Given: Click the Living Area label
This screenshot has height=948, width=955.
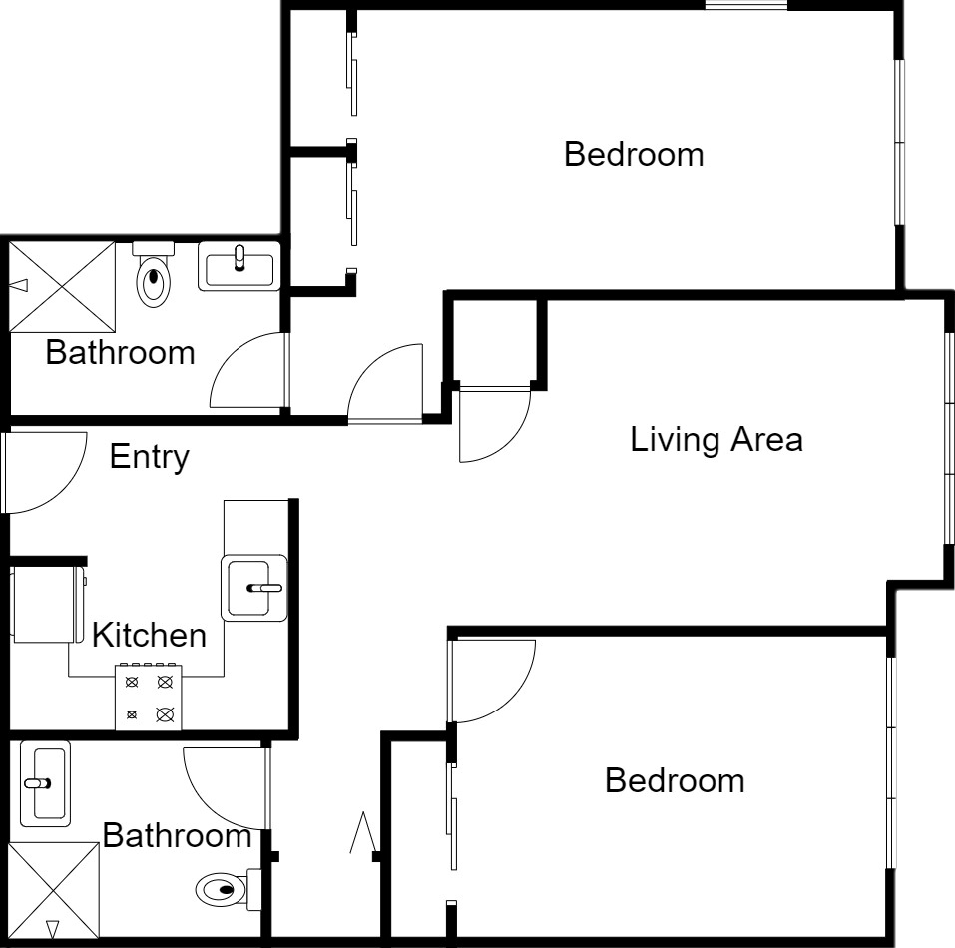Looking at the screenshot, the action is pos(716,440).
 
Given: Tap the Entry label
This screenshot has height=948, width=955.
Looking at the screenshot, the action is pos(150,457).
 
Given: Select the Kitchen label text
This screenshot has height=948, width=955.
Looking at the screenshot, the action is pos(150,635).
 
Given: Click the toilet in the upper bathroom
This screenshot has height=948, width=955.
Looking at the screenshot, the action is pos(153,274).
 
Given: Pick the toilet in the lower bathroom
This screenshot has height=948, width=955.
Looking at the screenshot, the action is pos(229,889).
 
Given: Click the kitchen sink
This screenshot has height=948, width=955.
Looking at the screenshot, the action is pos(254,588).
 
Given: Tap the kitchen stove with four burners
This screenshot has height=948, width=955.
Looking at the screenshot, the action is pos(149,698).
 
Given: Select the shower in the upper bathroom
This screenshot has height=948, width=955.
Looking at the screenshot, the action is pos(62,286).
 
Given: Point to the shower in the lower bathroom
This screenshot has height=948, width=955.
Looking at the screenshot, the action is pos(54,890).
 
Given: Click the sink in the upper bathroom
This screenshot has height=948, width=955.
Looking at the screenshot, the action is pos(239,266).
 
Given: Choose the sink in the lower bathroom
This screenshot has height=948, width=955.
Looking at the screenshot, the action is pos(45,783).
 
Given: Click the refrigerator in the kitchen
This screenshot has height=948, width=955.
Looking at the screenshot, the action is pos(48,604).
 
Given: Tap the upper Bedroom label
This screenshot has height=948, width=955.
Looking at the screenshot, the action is pos(634,154).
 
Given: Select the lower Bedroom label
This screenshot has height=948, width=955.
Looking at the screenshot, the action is pos(675,780).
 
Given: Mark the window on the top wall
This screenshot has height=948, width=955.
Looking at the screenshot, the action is pos(746,5).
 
